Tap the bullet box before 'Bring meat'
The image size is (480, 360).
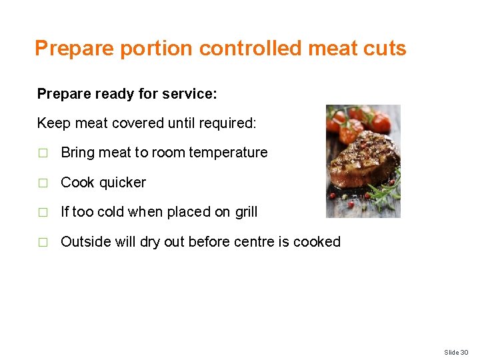coord(43,153)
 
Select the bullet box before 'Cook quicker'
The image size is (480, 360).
coord(43,183)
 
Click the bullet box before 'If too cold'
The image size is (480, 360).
coord(43,213)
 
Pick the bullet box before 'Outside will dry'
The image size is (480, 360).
coord(43,243)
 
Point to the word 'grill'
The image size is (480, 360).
coord(246,212)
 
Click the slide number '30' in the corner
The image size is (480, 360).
coord(465,352)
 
